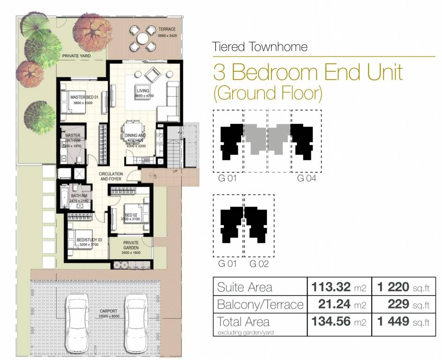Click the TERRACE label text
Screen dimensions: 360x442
[167, 29]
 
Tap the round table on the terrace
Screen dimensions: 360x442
[142, 38]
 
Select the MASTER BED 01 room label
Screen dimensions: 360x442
[84, 97]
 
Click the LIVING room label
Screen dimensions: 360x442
[143, 90]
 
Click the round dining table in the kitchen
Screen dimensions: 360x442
[130, 130]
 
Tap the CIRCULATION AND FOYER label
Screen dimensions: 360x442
[110, 176]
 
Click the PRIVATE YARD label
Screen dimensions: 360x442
[76, 56]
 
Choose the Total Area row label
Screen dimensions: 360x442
[243, 322]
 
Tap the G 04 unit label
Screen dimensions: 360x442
[306, 179]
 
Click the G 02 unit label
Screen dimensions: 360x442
[258, 264]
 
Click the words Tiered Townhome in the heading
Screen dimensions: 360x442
[260, 47]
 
